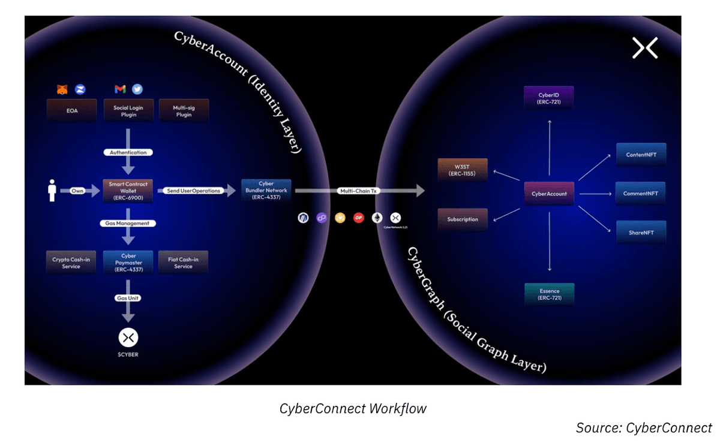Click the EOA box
point(72,111)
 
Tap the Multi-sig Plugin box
point(184,111)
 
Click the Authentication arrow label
point(128,152)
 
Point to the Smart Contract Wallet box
point(128,191)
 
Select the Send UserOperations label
point(193,191)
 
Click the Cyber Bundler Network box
point(266,190)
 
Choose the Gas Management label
point(128,223)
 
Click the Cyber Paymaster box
point(128,263)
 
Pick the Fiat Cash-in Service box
point(183,263)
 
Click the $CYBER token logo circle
point(128,337)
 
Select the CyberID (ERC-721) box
point(549,98)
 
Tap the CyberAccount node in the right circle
point(549,194)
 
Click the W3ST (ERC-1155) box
point(462,170)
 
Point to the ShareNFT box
point(641,232)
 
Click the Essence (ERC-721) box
point(549,294)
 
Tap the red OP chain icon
point(359,218)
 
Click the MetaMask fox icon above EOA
point(62,89)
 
